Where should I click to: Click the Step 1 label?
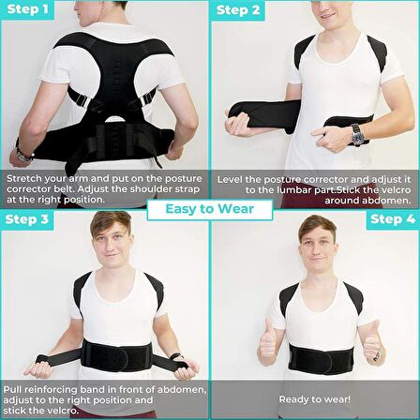click(27, 9)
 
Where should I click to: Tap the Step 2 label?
click(238, 10)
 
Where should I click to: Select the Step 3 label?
click(27, 219)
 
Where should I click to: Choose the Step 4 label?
click(393, 219)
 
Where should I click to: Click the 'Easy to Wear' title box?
click(210, 209)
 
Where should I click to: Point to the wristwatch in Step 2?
click(357, 135)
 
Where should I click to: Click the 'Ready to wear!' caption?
click(315, 399)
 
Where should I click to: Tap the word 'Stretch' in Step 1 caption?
click(24, 179)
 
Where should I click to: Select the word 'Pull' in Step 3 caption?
click(12, 390)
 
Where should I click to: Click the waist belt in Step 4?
click(321, 359)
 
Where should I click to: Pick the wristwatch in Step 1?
click(24, 156)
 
